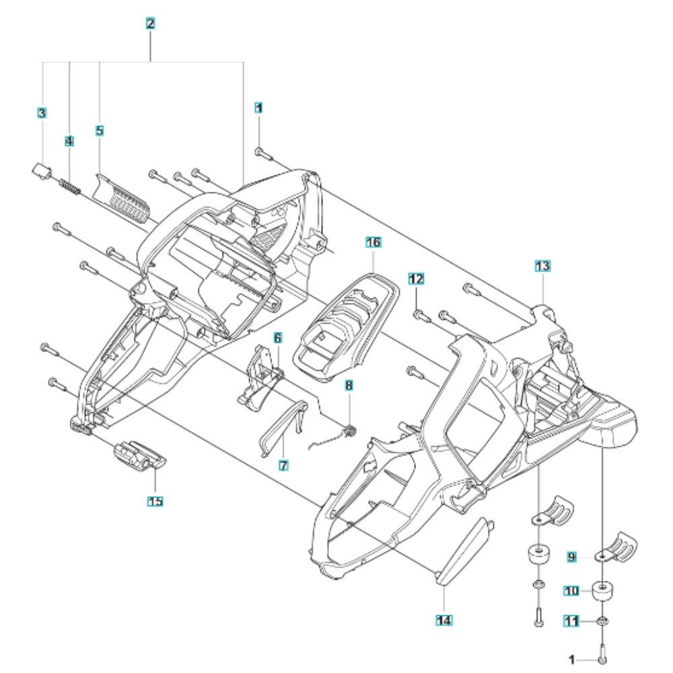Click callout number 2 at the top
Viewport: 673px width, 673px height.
click(151, 24)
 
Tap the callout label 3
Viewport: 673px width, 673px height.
click(42, 114)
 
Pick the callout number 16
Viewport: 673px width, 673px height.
click(374, 242)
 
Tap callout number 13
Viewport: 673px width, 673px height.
click(542, 267)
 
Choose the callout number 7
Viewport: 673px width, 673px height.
click(283, 464)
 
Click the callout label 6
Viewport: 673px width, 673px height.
click(277, 336)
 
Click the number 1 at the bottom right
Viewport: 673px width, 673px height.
click(572, 659)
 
